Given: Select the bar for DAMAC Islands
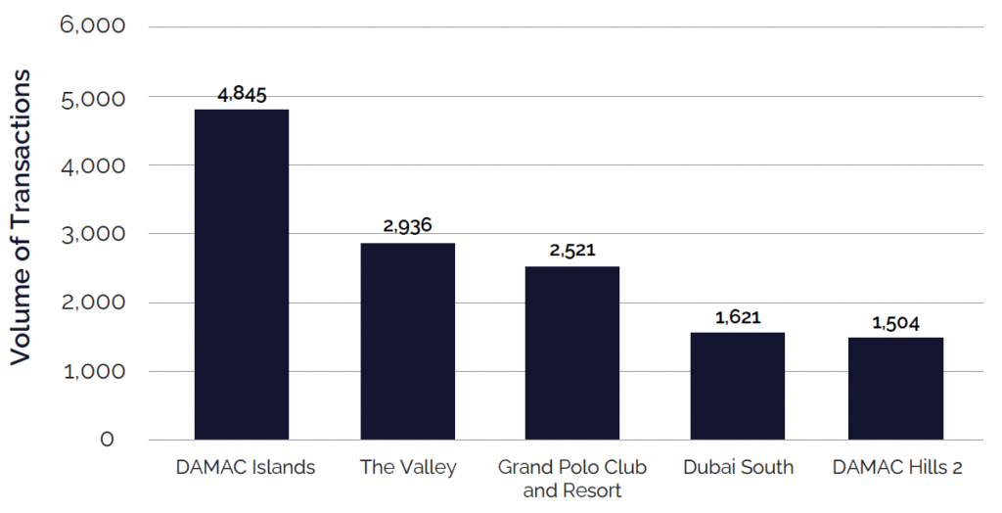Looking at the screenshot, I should tap(242, 274).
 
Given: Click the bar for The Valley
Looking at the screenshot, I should tap(407, 341).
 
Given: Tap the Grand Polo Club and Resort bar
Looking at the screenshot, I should tap(572, 352).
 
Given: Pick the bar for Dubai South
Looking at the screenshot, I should tap(737, 386).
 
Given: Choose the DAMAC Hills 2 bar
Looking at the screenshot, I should tap(896, 389).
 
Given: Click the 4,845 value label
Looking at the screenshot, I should tap(242, 95).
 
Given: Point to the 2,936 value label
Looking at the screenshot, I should tap(407, 226).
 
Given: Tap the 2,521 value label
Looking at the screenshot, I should tap(572, 250).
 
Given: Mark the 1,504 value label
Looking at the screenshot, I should tap(896, 323).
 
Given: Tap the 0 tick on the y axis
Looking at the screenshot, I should tap(107, 440).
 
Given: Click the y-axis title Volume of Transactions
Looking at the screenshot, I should tap(22, 217).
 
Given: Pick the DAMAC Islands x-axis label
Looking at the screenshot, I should tap(246, 468).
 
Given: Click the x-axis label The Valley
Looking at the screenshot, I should tap(408, 468).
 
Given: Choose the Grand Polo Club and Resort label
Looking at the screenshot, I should tap(572, 479).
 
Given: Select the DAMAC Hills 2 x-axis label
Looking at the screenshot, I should tap(897, 468).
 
